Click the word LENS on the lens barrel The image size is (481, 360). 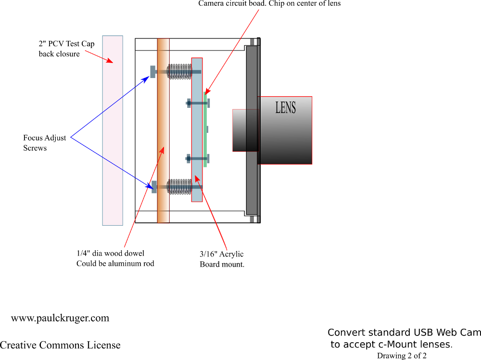(x=285, y=107)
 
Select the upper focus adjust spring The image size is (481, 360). (x=179, y=72)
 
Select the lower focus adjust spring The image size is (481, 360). (x=179, y=186)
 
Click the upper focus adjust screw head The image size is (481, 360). (x=152, y=72)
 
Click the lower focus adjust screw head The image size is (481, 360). (x=154, y=187)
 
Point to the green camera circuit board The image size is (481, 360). (x=205, y=130)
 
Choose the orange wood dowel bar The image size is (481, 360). (x=163, y=130)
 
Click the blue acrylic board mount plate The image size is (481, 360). (x=197, y=130)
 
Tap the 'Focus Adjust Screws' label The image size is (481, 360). (x=44, y=143)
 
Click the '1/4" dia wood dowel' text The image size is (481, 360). (x=110, y=253)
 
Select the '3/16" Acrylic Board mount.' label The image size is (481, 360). (x=222, y=259)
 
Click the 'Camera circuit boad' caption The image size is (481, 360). (x=269, y=4)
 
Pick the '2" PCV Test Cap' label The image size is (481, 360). (x=66, y=44)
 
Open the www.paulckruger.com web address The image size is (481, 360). (x=60, y=318)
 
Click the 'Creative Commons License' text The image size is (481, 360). (x=60, y=345)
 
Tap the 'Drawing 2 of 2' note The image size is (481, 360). (x=402, y=356)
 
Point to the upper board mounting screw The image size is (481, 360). (x=198, y=103)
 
